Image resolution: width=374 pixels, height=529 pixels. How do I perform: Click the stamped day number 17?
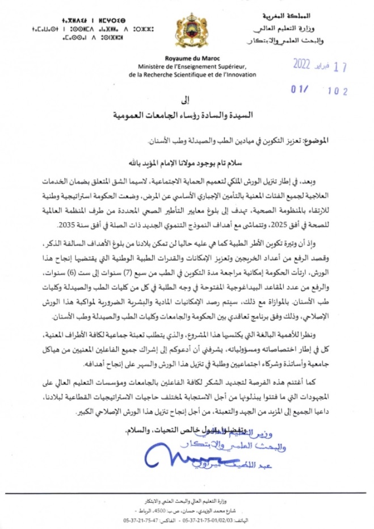pyautogui.click(x=341, y=66)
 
